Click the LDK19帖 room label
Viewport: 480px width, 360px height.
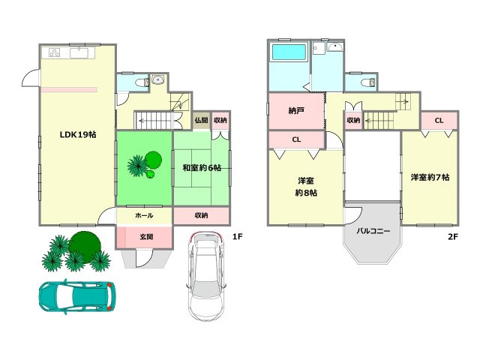[78, 134]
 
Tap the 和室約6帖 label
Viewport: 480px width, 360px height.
[202, 168]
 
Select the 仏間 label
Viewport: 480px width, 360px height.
[202, 120]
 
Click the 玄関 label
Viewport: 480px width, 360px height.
[146, 237]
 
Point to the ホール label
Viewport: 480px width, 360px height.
[144, 215]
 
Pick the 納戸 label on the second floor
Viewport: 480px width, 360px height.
[296, 110]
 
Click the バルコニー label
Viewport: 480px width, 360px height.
[373, 231]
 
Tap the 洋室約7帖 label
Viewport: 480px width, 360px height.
[430, 177]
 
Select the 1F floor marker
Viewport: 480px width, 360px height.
[237, 237]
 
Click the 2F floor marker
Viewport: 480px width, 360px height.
[453, 237]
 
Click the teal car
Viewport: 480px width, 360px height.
[77, 296]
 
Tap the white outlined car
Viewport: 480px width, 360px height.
[206, 277]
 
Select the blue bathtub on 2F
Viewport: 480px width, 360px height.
[289, 52]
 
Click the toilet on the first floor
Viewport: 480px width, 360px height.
[142, 82]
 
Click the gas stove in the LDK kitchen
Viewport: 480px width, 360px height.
[55, 53]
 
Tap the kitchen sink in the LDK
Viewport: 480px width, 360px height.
[79, 53]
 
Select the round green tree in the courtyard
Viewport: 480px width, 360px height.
[153, 160]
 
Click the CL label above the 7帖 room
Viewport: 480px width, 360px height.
[439, 121]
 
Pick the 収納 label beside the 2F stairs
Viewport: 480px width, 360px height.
[353, 120]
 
